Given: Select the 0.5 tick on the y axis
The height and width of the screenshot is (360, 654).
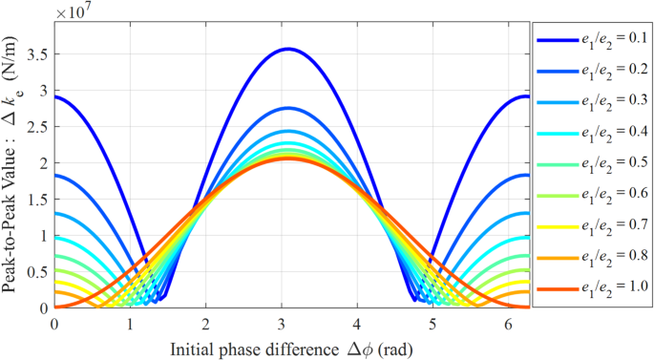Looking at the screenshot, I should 38,272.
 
